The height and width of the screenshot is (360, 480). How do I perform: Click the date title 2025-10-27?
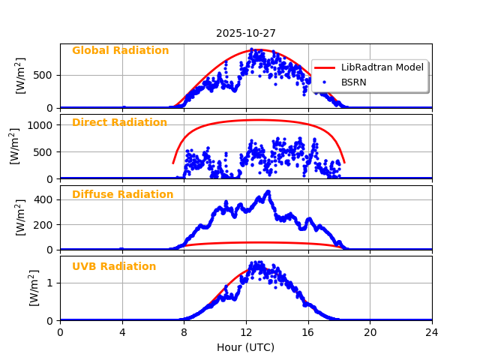[x=245, y=33]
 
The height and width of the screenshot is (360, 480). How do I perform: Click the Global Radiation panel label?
[x=120, y=51]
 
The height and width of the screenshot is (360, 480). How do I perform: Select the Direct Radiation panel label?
[x=119, y=123]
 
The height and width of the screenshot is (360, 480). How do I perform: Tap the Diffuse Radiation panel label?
[x=122, y=195]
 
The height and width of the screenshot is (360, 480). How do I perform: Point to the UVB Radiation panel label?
[x=114, y=267]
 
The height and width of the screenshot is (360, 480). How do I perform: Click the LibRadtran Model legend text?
[x=382, y=67]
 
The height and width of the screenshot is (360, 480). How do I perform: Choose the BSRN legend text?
[x=354, y=82]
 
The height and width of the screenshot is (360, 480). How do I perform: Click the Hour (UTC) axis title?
[x=245, y=348]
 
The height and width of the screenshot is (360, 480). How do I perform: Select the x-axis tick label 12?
[x=246, y=332]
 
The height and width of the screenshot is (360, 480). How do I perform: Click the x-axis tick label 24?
[x=431, y=332]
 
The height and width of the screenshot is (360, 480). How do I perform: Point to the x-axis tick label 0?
[x=61, y=332]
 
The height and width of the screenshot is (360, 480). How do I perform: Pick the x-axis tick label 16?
[x=307, y=332]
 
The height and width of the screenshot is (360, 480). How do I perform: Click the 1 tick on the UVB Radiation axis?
[x=50, y=283]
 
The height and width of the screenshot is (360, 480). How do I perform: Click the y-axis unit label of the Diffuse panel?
[x=21, y=217]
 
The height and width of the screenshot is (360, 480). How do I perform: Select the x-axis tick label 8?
[x=184, y=332]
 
